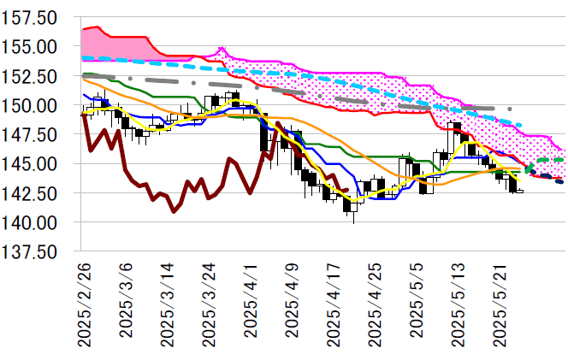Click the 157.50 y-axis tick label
(33, 17)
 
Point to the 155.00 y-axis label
(33, 46)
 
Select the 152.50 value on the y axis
(33, 76)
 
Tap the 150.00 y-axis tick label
(33, 105)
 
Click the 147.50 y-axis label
(33, 134)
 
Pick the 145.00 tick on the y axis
(33, 163)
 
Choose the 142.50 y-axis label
(33, 193)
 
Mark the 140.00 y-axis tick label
(33, 222)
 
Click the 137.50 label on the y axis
(33, 251)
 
